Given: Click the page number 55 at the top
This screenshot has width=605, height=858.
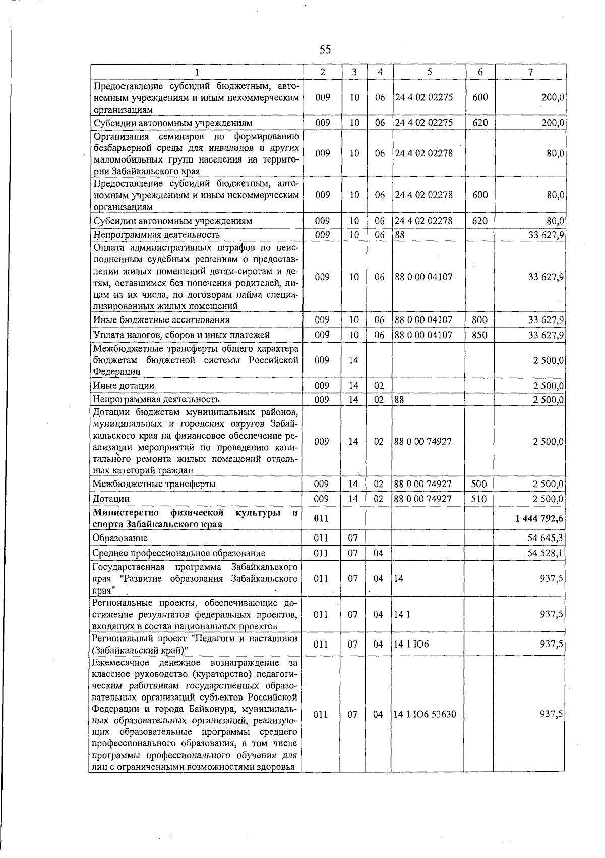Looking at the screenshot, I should point(325,49).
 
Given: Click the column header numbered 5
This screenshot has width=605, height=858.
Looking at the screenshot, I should point(429,72).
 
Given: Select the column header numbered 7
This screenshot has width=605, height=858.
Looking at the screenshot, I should point(530,72).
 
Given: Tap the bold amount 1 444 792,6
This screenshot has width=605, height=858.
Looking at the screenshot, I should point(539,519).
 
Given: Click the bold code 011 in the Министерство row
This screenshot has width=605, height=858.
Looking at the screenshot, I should point(321,519).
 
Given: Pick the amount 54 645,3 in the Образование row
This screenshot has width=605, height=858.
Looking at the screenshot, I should point(546,538).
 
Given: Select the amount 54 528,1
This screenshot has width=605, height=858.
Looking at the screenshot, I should point(546,553).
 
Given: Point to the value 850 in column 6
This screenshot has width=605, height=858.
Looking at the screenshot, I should point(479,335).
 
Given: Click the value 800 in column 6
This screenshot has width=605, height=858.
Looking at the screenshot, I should point(479,319).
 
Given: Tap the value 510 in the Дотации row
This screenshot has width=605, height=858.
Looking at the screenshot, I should point(479,499).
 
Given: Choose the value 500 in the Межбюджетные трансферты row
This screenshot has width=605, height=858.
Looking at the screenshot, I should point(479,484).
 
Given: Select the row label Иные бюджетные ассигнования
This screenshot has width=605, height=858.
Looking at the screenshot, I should point(161,319).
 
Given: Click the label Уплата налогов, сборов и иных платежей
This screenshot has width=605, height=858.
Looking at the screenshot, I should point(181,335).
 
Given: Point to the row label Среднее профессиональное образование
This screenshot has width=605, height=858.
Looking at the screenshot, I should point(179,553).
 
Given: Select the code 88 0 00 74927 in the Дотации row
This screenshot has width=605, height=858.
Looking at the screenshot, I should point(423,499).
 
